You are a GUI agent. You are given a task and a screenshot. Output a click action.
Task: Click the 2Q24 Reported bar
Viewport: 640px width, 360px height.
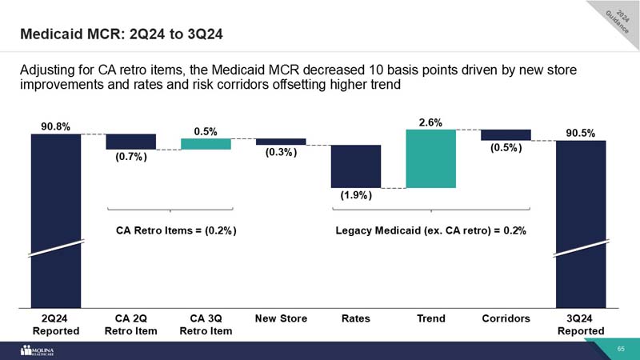(x=56, y=216)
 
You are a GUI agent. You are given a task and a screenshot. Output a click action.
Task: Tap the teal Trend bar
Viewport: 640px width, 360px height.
(x=430, y=158)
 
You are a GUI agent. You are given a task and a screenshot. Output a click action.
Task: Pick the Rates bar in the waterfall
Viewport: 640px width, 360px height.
(x=356, y=166)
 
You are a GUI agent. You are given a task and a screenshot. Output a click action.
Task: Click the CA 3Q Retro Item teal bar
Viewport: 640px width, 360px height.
(x=206, y=144)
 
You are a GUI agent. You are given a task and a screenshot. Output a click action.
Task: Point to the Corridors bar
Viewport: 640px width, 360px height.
(x=506, y=134)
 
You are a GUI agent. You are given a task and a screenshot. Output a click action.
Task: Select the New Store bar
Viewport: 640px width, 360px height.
(x=281, y=142)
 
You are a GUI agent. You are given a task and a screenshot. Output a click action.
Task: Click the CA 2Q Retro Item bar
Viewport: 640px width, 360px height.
(x=131, y=142)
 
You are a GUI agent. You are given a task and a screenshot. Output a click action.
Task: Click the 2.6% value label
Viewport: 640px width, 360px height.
(x=430, y=121)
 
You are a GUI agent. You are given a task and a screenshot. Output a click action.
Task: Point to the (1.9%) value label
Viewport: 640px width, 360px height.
(x=356, y=194)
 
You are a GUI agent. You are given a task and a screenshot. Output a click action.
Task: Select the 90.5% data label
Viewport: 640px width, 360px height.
(x=580, y=133)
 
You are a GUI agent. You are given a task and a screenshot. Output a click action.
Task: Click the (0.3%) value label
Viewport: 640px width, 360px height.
(x=281, y=153)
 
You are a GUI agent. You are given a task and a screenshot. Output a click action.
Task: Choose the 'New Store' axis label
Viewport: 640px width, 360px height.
(x=281, y=318)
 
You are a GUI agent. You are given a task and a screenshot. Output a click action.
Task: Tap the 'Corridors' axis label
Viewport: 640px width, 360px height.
(x=506, y=318)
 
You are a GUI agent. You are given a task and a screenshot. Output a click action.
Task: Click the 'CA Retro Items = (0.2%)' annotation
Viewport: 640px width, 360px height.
(x=176, y=230)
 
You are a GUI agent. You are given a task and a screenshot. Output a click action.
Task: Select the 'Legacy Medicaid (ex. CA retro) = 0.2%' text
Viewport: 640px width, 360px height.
(x=430, y=230)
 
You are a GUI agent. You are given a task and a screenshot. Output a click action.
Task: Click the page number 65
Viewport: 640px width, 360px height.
(x=620, y=350)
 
